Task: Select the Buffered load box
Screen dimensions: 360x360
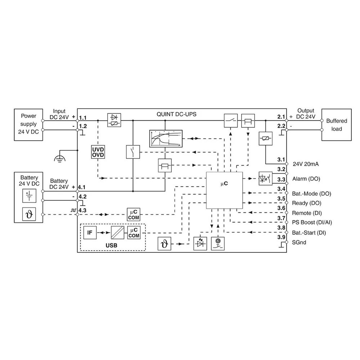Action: pos(337,125)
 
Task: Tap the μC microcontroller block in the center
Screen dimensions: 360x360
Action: pos(224,190)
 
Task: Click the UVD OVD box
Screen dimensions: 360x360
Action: pos(98,152)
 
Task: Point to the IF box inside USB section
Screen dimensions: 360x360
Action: pos(90,233)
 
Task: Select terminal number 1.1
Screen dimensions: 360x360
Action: pos(83,118)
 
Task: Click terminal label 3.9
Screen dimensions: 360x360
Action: pos(281,237)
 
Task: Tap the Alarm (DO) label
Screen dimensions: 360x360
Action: pos(306,179)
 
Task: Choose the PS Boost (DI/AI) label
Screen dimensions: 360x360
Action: pos(312,222)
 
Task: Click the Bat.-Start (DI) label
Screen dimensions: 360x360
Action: pos(309,233)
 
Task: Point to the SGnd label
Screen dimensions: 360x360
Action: pos(299,243)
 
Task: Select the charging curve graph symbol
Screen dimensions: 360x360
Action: pos(166,138)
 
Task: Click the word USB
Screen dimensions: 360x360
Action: pos(112,245)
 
